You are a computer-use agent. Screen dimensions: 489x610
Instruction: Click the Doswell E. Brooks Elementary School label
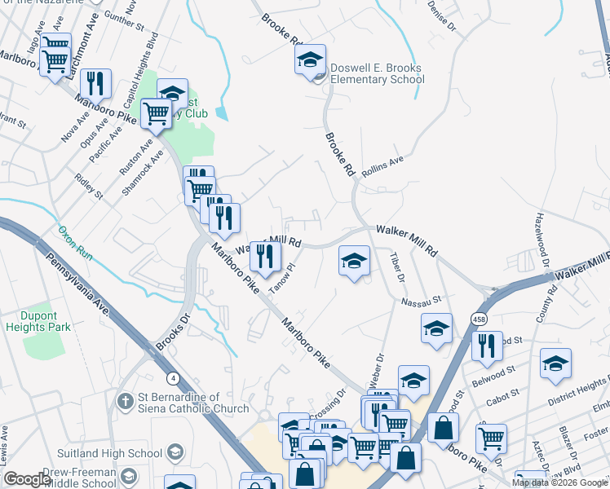[x=377, y=74]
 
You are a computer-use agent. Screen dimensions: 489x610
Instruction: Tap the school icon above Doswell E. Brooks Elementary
[x=310, y=60]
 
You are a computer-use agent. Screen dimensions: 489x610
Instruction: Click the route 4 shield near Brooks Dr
[x=173, y=378]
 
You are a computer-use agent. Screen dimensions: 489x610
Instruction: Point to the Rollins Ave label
[x=382, y=165]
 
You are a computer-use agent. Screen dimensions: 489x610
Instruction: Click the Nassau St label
[x=421, y=302]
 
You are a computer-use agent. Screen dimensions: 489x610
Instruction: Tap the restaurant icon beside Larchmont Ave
[x=97, y=83]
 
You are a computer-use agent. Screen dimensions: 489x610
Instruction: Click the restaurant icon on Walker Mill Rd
[x=264, y=256]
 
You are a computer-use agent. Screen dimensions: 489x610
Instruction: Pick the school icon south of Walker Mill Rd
[x=353, y=262]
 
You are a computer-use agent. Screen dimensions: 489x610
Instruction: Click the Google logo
[x=27, y=479]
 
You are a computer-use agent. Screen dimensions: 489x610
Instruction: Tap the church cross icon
[x=125, y=402]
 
